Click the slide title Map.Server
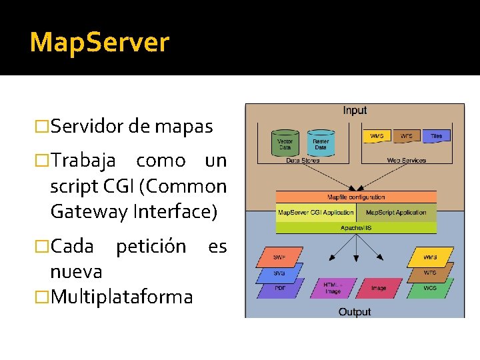click(99, 43)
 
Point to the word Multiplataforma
click(121, 296)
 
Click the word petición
click(151, 247)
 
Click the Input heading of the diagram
click(355, 111)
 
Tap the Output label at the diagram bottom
click(355, 311)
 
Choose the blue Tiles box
click(435, 136)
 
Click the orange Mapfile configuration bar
click(356, 197)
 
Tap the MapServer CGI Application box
click(316, 213)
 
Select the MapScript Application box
click(396, 213)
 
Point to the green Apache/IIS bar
click(356, 227)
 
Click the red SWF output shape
click(279, 257)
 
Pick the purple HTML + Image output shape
click(332, 288)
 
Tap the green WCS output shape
click(430, 288)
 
